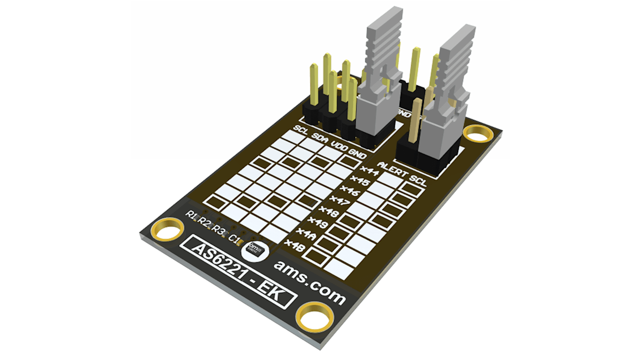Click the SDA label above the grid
point(321,138)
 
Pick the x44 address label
point(360,171)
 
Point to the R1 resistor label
point(192,216)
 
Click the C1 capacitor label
point(235,238)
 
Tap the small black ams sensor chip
point(255,249)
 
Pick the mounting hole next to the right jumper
point(478,134)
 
